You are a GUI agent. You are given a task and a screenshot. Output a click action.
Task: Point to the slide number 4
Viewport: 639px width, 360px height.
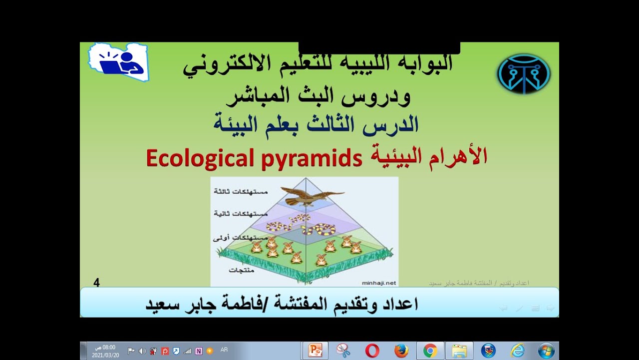tap(96, 283)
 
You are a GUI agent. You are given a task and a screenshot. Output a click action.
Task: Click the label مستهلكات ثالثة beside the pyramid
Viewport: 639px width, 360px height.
tap(241, 191)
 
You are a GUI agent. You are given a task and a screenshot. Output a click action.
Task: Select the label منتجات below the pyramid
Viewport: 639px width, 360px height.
tap(242, 270)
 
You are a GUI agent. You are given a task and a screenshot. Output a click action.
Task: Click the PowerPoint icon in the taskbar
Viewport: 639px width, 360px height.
tap(315, 350)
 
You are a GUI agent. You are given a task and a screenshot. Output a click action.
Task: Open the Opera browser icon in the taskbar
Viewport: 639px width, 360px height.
tap(372, 350)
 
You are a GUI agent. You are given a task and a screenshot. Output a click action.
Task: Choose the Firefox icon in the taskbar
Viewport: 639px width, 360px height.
tap(401, 350)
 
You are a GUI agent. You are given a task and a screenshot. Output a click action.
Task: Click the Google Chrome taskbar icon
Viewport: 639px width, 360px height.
tap(430, 350)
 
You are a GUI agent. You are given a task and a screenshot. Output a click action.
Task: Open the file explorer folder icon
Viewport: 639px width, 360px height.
tap(459, 350)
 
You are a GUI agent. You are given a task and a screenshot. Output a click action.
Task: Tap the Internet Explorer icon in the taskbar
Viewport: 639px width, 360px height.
tap(517, 350)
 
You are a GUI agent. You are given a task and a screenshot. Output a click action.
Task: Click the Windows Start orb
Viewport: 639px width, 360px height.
tap(546, 350)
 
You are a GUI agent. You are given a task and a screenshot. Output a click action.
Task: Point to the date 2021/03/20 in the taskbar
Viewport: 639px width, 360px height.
tap(105, 355)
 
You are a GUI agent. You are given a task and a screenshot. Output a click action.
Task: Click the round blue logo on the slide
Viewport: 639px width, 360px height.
tap(524, 73)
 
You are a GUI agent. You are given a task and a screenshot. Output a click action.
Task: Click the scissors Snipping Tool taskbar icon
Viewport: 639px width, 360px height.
tap(343, 350)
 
